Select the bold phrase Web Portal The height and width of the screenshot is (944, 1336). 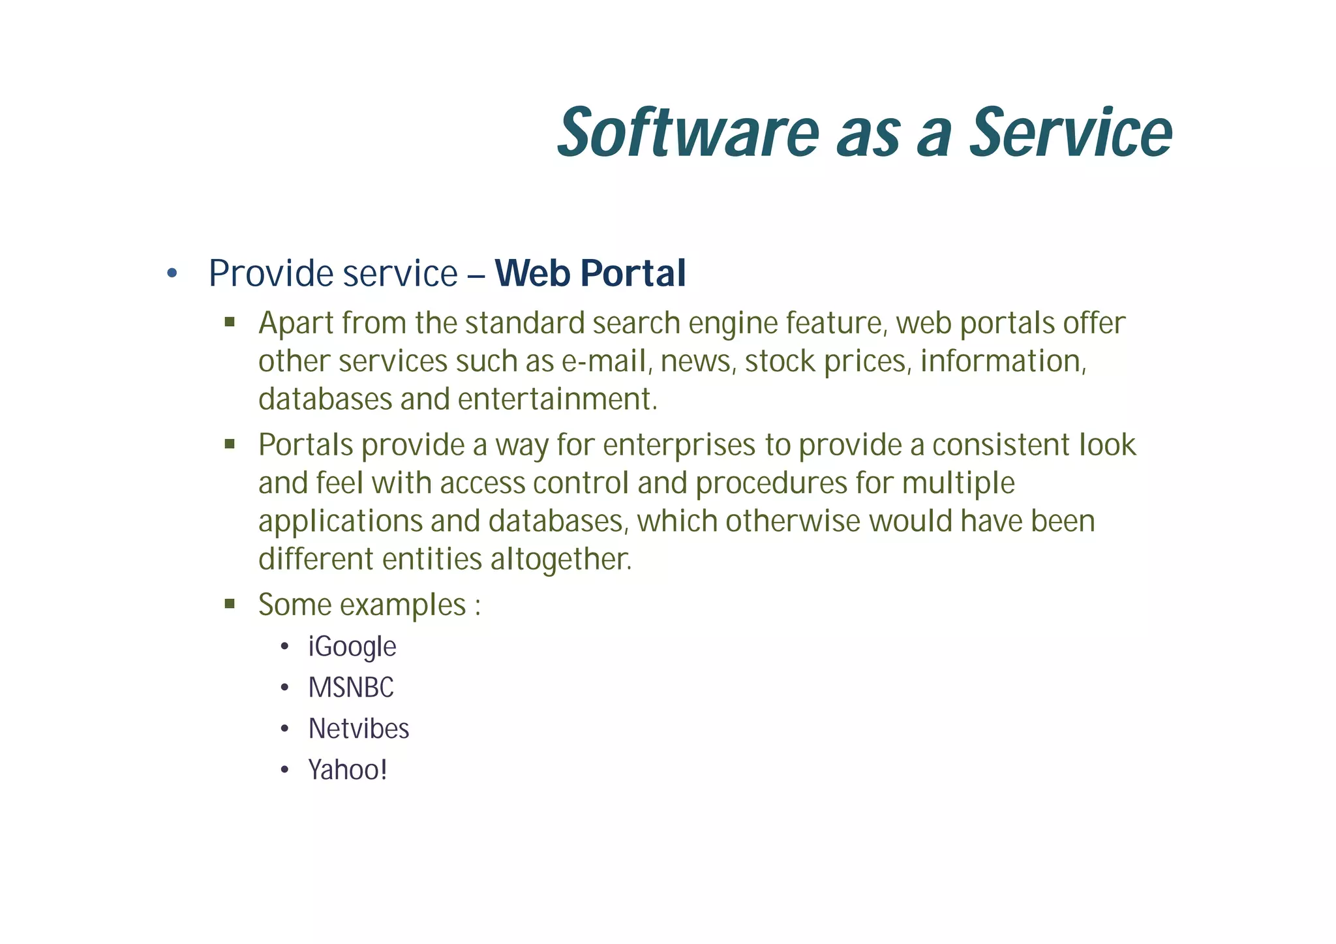point(590,273)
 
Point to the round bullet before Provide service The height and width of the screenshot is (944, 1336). point(172,273)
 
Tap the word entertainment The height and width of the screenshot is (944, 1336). point(558,399)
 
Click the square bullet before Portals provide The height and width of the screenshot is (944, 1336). point(229,444)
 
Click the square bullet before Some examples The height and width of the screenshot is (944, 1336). point(229,603)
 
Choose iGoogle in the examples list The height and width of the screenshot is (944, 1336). point(352,647)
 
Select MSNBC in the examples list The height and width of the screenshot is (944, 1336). point(351,688)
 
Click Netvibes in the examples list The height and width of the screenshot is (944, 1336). point(359,729)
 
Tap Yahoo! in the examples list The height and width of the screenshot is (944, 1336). point(348,770)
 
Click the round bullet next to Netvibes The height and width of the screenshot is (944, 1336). point(284,729)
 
